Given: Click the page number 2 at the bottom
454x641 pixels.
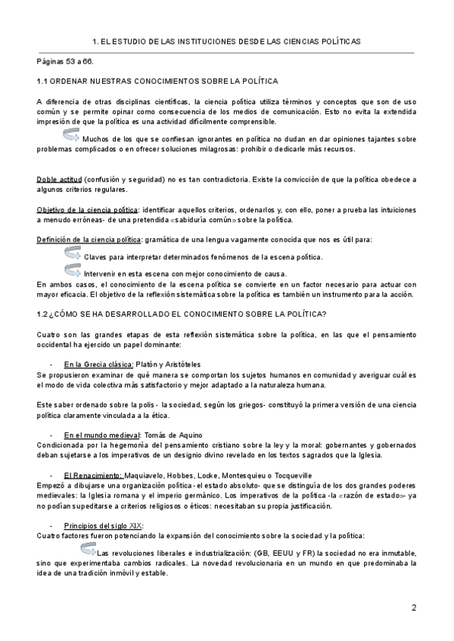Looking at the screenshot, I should coord(414,608).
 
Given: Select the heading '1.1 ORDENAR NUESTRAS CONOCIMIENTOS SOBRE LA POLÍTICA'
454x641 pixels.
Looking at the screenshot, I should coord(157,80).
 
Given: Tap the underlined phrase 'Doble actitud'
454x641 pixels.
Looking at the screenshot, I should coord(59,179).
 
